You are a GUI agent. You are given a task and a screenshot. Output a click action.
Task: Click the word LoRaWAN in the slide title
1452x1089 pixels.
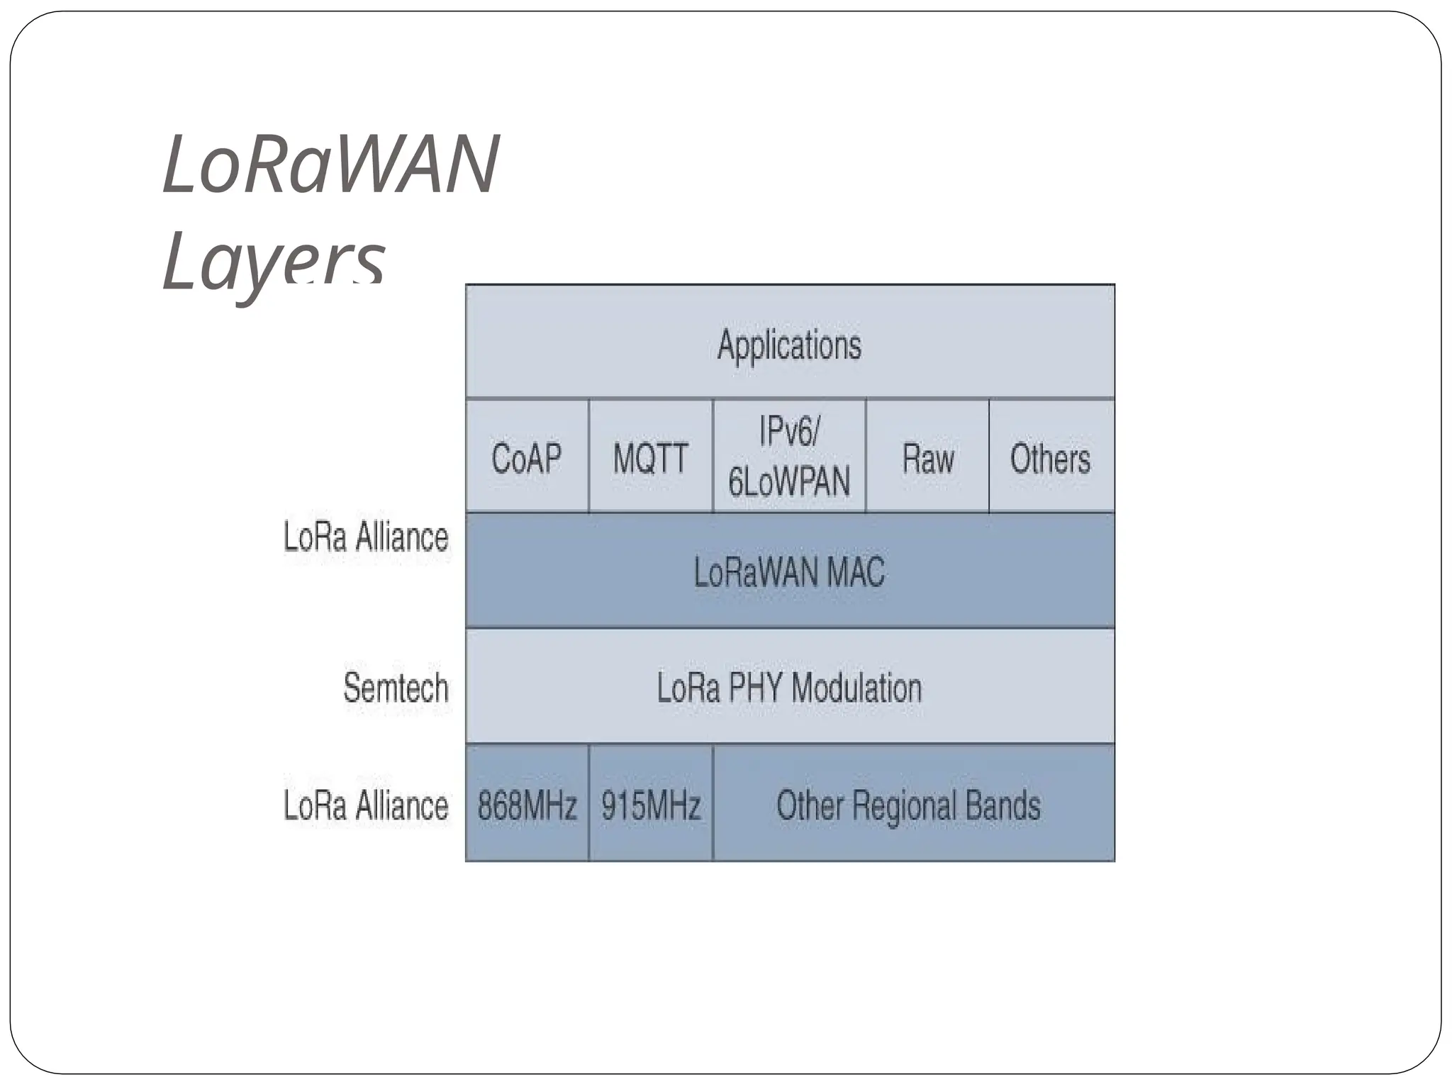pos(330,164)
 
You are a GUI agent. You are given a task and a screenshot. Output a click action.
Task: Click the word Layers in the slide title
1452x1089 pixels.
pos(274,262)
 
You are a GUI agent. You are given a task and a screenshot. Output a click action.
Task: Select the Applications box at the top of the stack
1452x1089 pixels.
pos(789,345)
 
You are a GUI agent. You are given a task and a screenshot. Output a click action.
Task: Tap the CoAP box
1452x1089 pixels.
pos(526,457)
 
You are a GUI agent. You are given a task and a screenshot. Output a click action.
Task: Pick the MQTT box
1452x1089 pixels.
pos(650,457)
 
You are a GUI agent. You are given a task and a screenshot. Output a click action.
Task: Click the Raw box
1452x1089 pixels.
pos(927,457)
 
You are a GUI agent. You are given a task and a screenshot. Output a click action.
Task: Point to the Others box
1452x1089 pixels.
pos(1050,457)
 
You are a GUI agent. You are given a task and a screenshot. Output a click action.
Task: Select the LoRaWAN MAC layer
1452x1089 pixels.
pos(789,571)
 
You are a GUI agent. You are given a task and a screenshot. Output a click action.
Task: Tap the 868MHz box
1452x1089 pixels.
pos(527,805)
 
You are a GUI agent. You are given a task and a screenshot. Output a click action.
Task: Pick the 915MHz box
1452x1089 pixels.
pos(651,805)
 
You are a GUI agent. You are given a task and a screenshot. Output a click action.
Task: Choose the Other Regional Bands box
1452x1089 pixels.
pos(909,805)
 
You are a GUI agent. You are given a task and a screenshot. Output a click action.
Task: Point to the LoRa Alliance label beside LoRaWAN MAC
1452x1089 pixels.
pos(366,537)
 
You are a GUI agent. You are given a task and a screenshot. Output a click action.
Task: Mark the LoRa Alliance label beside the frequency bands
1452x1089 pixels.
pos(366,805)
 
